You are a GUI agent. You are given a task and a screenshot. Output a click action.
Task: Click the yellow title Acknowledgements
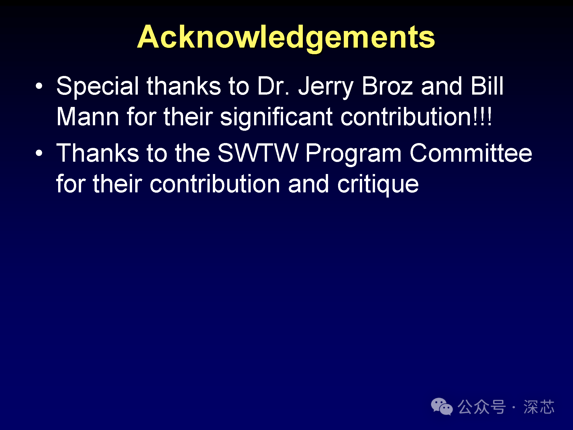[286, 38]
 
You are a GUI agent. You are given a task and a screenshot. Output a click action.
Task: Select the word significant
[276, 118]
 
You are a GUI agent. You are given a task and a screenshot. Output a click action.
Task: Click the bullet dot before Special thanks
[39, 86]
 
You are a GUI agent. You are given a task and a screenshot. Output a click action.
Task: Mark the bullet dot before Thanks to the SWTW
[39, 153]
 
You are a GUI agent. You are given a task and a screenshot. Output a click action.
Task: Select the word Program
[354, 154]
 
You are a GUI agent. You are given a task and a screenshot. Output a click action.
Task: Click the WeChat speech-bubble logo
[442, 406]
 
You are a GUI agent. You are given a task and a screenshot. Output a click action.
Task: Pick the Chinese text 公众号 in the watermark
[482, 407]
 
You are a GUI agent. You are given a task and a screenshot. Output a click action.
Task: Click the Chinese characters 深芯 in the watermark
[539, 407]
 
